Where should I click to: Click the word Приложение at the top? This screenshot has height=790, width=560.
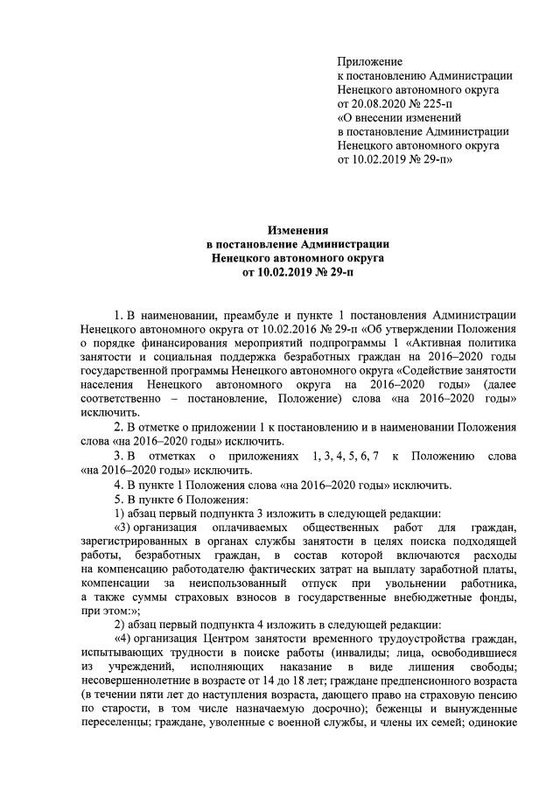click(369, 61)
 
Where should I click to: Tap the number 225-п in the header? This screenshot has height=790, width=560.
click(450, 103)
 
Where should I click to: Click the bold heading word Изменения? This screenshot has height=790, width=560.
click(279, 230)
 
